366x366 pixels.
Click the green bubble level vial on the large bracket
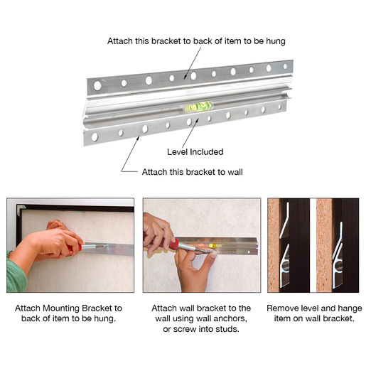198,107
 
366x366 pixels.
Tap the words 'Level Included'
195,152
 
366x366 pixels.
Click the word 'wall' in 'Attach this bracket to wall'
235,172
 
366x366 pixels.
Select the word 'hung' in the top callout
276,41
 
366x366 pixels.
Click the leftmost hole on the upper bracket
97,85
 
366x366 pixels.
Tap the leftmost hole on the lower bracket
95,137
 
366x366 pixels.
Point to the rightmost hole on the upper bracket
285,66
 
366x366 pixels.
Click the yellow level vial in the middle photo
215,245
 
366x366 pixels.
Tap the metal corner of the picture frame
21,209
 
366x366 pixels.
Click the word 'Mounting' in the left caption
61,308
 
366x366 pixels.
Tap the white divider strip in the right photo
313,245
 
